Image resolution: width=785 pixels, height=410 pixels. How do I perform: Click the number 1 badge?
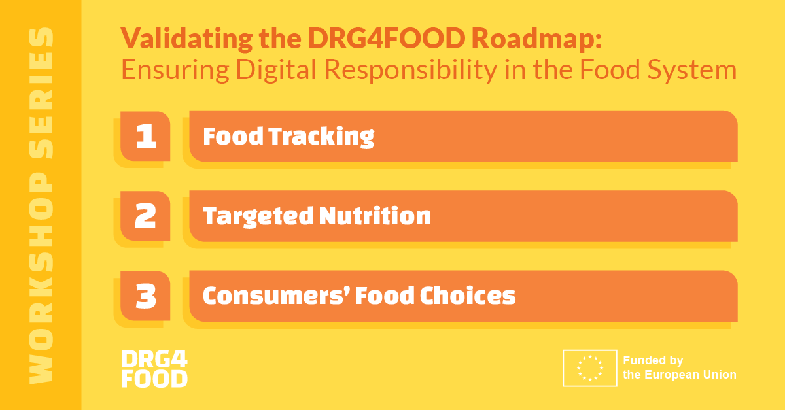point(145,136)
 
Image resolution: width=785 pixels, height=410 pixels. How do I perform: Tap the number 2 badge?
point(145,216)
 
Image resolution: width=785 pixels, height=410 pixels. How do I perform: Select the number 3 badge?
point(145,296)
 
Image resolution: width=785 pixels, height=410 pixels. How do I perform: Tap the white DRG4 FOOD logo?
point(154,368)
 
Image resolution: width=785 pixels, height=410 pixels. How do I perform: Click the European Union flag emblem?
point(589,368)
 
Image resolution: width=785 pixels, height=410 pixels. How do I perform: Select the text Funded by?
point(653,360)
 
